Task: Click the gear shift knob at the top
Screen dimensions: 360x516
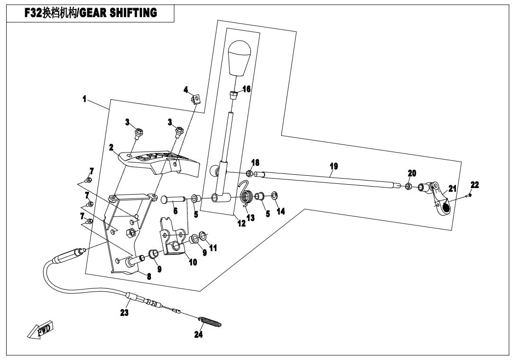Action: [x=242, y=57]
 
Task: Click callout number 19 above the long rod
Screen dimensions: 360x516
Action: [x=334, y=166]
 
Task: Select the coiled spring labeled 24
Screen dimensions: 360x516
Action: [x=211, y=322]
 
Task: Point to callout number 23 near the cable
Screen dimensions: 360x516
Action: [x=125, y=312]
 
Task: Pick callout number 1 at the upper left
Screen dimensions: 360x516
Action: [x=84, y=100]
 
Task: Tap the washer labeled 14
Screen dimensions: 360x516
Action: [x=275, y=195]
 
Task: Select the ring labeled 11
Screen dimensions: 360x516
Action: [x=203, y=235]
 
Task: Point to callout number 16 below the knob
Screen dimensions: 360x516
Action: [x=246, y=89]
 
